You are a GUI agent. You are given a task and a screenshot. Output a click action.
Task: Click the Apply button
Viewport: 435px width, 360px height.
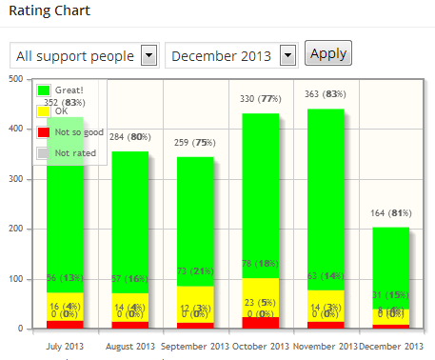[327, 53]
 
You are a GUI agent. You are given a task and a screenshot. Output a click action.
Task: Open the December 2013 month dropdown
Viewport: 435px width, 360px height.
[232, 56]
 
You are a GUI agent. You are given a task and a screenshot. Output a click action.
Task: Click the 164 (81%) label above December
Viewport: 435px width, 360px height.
[390, 212]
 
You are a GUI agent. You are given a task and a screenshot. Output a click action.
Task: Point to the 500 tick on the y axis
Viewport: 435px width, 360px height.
[14, 80]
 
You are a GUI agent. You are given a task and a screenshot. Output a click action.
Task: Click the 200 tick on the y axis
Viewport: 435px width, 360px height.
[14, 230]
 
